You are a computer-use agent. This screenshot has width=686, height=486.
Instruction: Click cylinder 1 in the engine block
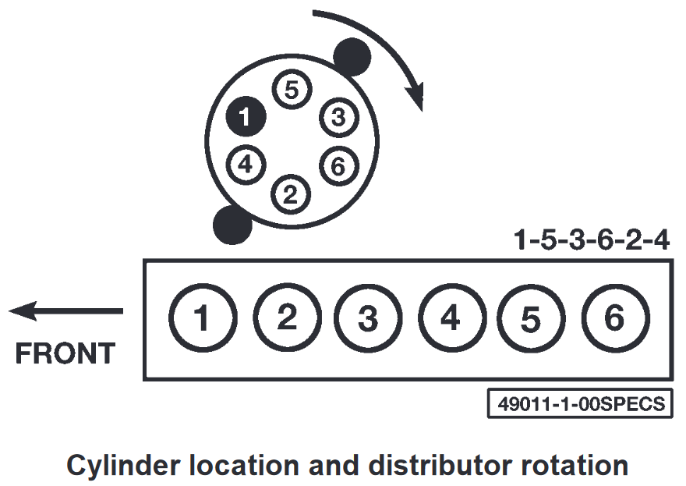coord(201,318)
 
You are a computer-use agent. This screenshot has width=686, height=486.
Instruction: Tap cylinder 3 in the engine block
coord(368,318)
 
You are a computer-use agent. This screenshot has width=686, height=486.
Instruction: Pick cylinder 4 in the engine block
coord(451,318)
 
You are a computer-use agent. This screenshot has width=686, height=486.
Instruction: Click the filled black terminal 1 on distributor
coord(246,118)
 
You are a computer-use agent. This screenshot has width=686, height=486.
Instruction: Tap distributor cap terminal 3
coord(337,118)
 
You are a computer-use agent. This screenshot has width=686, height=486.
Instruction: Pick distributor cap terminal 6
coord(337,165)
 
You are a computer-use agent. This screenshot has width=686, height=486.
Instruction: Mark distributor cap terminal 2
coord(291,193)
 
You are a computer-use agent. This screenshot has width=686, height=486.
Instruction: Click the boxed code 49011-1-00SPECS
coord(580,404)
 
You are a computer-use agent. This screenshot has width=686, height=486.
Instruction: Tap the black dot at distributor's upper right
coord(352,56)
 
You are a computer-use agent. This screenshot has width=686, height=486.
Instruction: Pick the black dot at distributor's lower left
coord(232,225)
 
